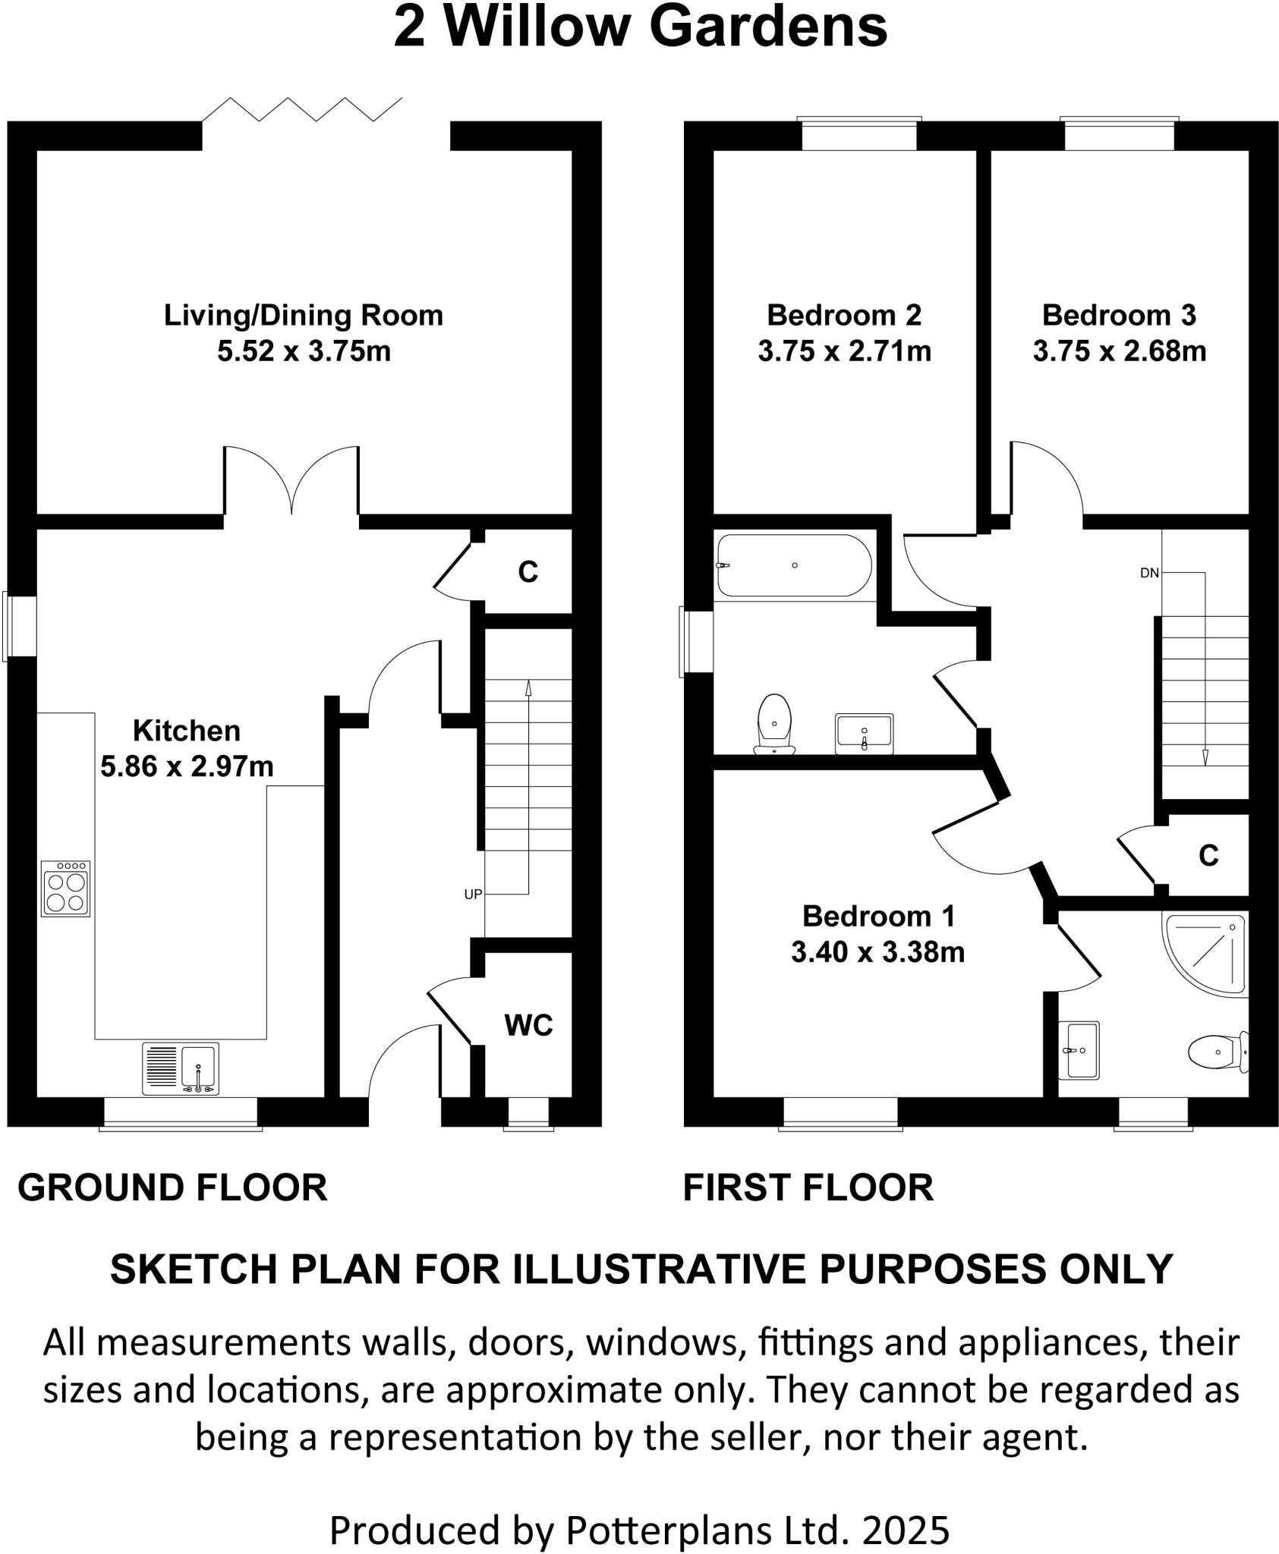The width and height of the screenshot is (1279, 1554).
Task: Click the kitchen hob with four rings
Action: pos(65,888)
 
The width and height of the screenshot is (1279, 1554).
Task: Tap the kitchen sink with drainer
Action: pos(181,1068)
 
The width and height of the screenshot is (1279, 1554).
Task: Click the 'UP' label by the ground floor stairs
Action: pos(473,895)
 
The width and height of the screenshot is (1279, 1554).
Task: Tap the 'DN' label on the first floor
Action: pos(1149,573)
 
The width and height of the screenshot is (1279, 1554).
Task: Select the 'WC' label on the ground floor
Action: pos(528,1026)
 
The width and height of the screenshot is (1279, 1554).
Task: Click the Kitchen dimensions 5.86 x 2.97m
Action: pos(187,766)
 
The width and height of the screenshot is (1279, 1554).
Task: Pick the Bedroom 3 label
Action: pos(1119,315)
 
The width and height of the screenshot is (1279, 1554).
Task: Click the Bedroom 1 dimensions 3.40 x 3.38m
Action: pos(877,952)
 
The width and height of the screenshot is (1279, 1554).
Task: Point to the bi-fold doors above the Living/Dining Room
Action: pos(302,110)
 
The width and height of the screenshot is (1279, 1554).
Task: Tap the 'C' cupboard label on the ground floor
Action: pos(528,572)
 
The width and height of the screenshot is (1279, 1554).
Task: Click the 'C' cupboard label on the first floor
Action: pos(1208,856)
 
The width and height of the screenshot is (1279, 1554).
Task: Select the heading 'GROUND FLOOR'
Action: pos(172,1188)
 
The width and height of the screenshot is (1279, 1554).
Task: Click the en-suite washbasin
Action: pos(1081,1050)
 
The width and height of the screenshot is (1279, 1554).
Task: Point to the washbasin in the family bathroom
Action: pos(865,733)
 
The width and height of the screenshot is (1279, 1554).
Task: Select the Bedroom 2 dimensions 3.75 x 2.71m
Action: pos(844,351)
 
